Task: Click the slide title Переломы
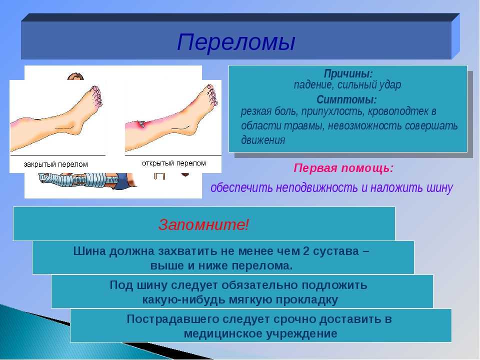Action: click(236, 42)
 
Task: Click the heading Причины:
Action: click(348, 74)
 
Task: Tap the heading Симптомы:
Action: click(346, 100)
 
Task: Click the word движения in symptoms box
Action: click(263, 140)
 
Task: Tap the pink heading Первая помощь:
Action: click(343, 168)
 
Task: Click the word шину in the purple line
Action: click(438, 187)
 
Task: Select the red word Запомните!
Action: click(204, 224)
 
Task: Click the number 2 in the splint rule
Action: click(306, 251)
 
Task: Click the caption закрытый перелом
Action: click(55, 164)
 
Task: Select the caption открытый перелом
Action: click(174, 163)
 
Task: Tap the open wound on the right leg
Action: click(142, 123)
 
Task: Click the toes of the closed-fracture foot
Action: click(96, 96)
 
